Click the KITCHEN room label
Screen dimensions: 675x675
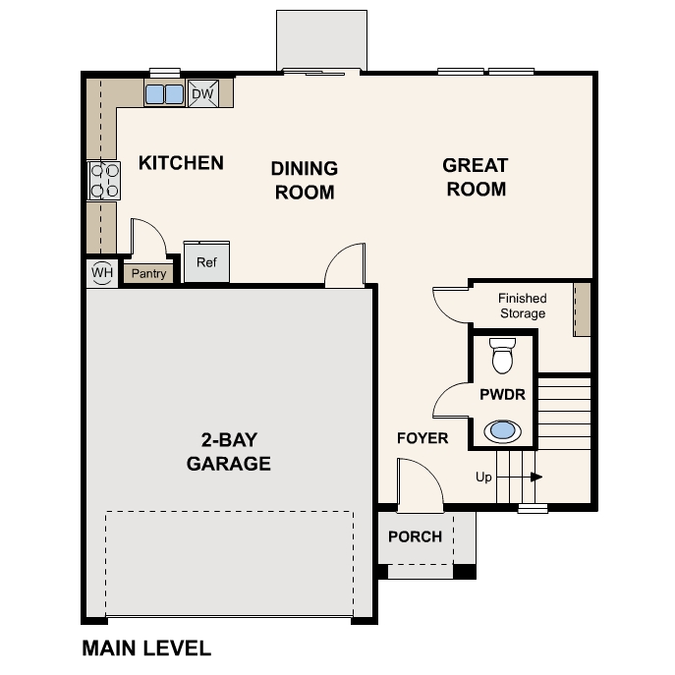coord(181,163)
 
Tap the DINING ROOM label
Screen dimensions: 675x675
coord(305,181)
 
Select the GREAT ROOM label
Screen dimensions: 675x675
coord(476,177)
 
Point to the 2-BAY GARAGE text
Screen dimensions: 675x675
coord(229,452)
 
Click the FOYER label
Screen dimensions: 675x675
coord(422,438)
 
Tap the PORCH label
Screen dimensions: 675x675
coord(415,536)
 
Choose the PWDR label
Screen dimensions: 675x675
coord(503,394)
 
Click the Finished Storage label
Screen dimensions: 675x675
coord(522,306)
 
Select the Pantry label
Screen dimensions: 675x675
coord(148,274)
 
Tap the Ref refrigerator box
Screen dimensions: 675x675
coord(206,262)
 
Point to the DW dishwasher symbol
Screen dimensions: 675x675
coord(202,93)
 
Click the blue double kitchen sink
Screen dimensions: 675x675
coord(164,94)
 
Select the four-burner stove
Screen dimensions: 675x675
coord(104,180)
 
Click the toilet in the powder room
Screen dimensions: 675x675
coord(502,356)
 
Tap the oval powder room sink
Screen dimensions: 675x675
coord(502,429)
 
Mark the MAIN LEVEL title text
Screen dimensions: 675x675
coord(146,648)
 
